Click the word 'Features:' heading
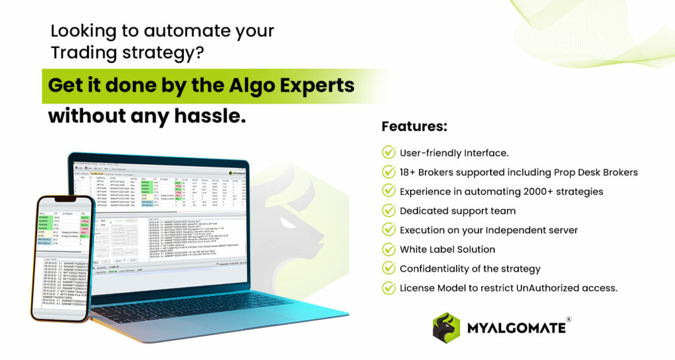click(414, 126)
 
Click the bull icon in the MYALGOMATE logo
click(446, 328)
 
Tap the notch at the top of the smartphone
click(65, 198)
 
